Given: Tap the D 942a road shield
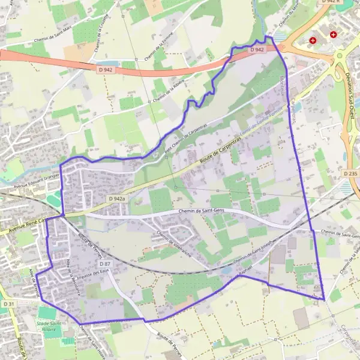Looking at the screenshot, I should pyautogui.click(x=118, y=198).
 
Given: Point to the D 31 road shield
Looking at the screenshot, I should pyautogui.click(x=8, y=305).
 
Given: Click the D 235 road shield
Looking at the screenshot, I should pyautogui.click(x=352, y=173).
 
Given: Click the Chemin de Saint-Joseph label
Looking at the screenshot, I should pyautogui.click(x=249, y=253).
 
